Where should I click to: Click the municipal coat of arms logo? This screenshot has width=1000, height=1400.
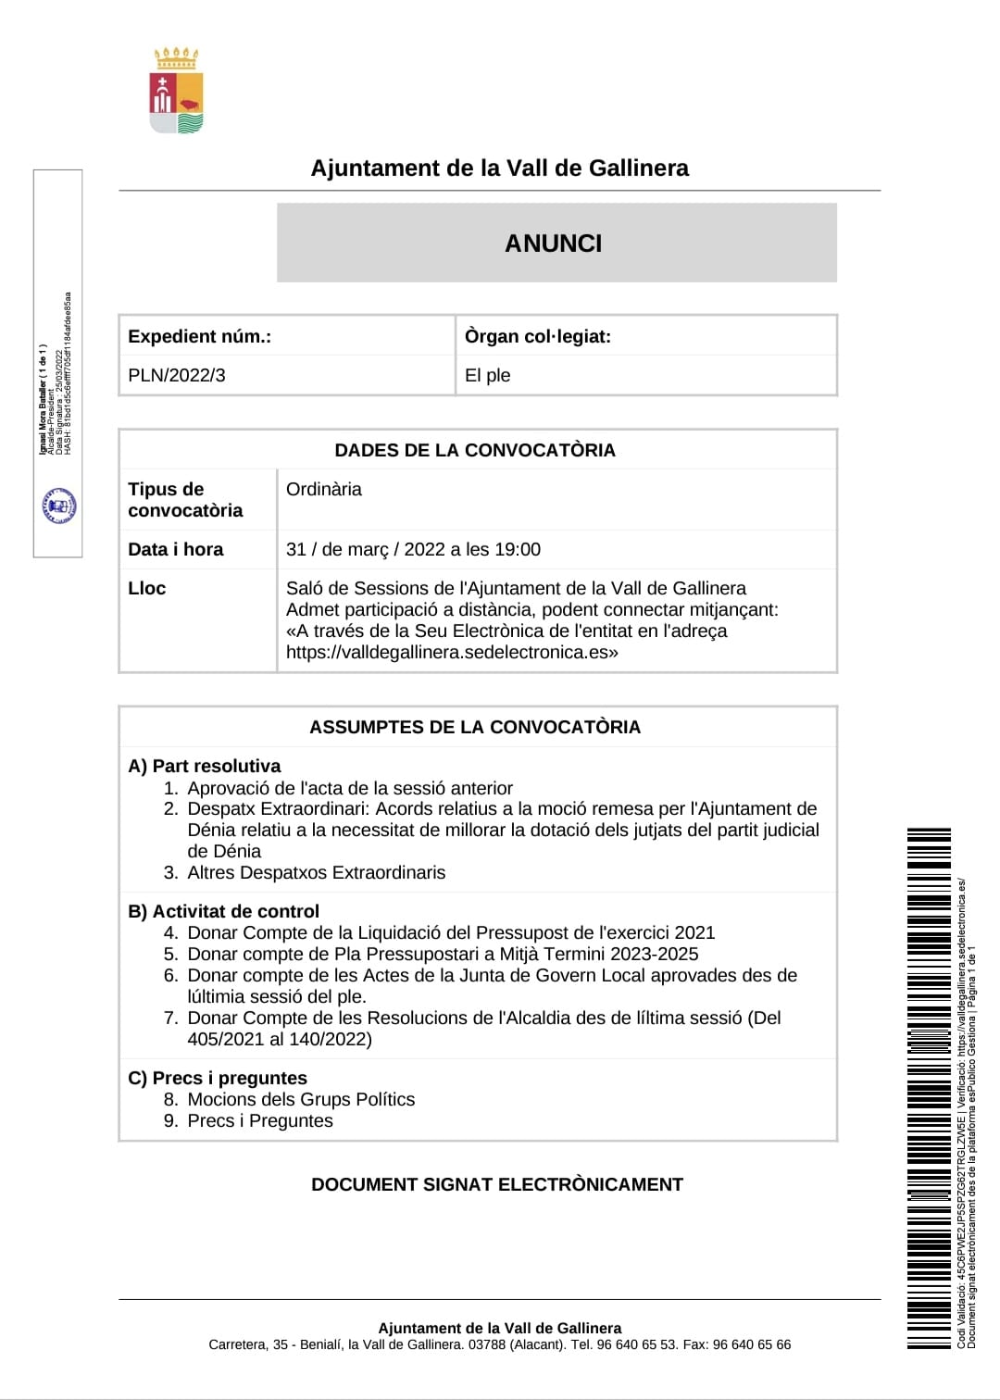tap(177, 92)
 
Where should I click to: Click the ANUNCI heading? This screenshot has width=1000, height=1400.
tap(554, 244)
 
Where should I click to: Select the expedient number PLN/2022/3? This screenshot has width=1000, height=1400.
tap(177, 375)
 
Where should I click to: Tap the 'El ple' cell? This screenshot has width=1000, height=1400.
tap(488, 375)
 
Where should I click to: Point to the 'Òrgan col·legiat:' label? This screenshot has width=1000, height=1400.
tap(538, 336)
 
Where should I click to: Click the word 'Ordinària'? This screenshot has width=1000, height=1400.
tap(324, 489)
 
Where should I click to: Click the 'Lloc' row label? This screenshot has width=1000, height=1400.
tap(147, 588)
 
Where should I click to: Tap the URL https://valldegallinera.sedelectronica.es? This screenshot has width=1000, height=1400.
tap(449, 652)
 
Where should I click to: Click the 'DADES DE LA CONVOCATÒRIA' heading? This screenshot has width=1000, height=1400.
tap(475, 450)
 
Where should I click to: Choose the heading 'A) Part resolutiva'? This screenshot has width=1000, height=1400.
tap(205, 766)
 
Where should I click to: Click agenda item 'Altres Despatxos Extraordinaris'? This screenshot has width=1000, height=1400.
tap(317, 872)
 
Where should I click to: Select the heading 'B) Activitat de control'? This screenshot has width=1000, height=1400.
tap(224, 911)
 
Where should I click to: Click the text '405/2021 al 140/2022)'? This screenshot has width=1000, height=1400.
tap(280, 1039)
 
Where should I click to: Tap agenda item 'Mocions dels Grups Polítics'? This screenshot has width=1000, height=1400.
tap(301, 1099)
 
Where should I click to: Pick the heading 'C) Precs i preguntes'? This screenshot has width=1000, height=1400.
tap(218, 1078)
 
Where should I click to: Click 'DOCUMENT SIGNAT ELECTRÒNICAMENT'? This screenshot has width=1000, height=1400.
tap(497, 1184)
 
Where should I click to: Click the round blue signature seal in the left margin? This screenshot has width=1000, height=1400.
tap(59, 506)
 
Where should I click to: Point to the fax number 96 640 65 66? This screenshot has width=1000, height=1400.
tap(752, 1344)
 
